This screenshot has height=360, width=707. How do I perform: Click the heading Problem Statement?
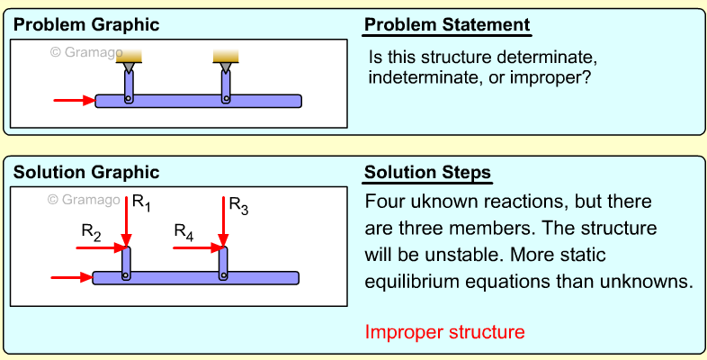pyautogui.click(x=446, y=24)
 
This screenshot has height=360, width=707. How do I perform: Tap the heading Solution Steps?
pyautogui.click(x=427, y=172)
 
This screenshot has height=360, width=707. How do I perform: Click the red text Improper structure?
pyautogui.click(x=444, y=332)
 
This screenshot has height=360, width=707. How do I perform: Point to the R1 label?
pyautogui.click(x=142, y=203)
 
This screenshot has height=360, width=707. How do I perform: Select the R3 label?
pyautogui.click(x=238, y=205)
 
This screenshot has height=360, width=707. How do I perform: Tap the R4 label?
pyautogui.click(x=184, y=233)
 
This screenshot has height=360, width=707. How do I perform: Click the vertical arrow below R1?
pyautogui.click(x=127, y=220)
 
